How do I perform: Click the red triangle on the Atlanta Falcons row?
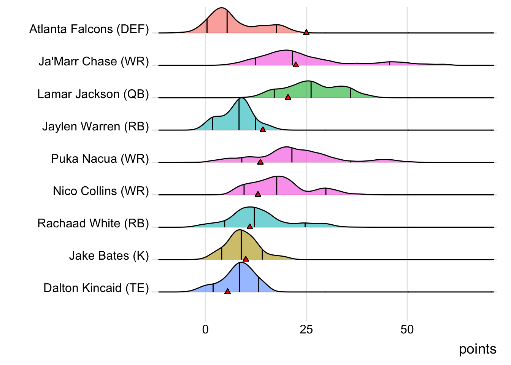point(306,33)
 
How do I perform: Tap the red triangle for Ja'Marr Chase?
point(296,65)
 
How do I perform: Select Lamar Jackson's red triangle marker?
point(288,97)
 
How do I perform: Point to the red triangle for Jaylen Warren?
point(262,130)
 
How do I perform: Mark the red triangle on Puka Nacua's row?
point(260,162)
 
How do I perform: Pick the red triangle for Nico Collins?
point(258,194)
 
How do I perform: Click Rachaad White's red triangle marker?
point(250,227)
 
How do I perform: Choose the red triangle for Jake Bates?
point(246,259)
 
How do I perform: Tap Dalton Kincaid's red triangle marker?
point(227,291)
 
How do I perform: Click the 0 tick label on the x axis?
point(205,329)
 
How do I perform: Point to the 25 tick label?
point(306,329)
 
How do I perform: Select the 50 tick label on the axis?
point(407,329)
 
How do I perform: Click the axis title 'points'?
point(477,349)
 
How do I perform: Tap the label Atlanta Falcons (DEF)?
point(89,29)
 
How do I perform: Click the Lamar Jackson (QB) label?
point(93,94)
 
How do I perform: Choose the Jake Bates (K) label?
point(109,255)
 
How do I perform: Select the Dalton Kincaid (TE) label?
point(96,288)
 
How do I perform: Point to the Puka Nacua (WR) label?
point(100,159)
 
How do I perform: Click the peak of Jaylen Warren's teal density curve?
point(240,98)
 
